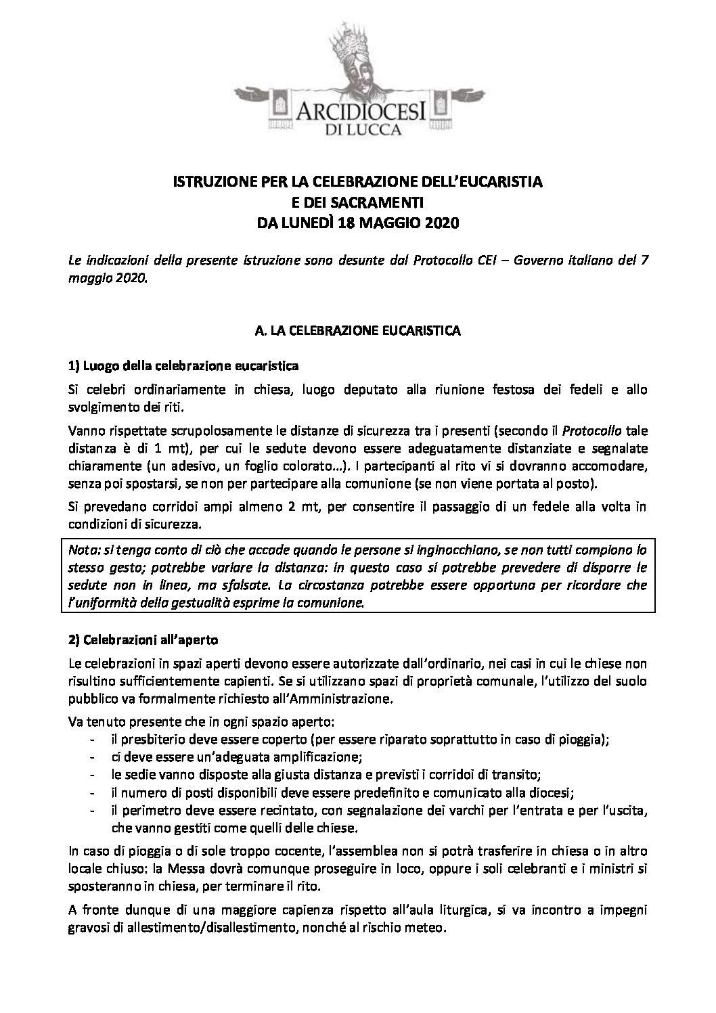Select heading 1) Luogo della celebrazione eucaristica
point(184,365)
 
